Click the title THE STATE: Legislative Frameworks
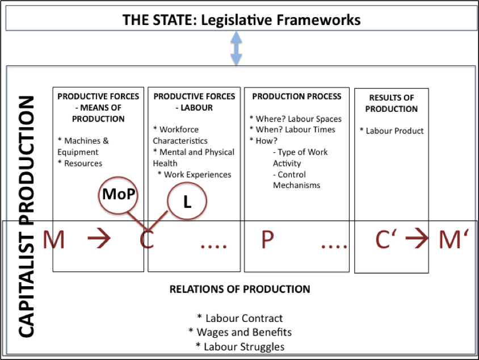(241, 20)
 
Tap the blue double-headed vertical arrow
(236, 49)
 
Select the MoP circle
(119, 194)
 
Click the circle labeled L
(187, 200)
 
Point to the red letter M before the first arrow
(54, 241)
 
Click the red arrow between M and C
(101, 241)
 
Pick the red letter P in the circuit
(267, 241)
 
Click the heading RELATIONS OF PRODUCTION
(239, 289)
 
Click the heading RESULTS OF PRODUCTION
(391, 103)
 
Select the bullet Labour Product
(392, 131)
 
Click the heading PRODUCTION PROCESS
(297, 97)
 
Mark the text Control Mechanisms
(296, 179)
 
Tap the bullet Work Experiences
(194, 174)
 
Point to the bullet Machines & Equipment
(83, 146)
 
